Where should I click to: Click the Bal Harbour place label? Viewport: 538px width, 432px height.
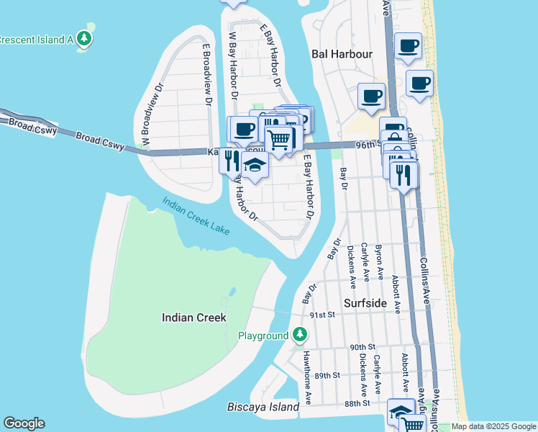(x=342, y=54)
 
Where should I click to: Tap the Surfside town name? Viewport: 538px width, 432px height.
(x=365, y=303)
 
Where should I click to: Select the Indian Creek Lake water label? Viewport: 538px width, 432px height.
(x=196, y=216)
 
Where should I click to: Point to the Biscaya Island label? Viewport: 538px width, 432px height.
(x=263, y=408)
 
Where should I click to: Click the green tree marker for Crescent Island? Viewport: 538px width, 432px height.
(x=85, y=38)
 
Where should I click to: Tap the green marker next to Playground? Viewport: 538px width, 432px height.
(x=300, y=335)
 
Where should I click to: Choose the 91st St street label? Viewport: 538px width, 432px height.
(x=322, y=315)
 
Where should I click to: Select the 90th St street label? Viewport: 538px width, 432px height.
(x=364, y=347)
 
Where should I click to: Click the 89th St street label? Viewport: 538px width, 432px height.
(x=327, y=375)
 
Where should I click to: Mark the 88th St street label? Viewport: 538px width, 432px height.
(x=357, y=403)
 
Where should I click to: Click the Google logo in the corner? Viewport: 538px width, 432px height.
(x=24, y=423)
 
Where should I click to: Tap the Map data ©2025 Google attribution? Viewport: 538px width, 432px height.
(x=493, y=426)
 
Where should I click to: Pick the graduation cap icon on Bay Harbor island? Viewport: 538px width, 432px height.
(x=254, y=165)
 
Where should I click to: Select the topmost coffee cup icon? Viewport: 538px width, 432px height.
(x=408, y=45)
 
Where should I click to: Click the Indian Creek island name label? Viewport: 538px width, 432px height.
(x=194, y=318)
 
